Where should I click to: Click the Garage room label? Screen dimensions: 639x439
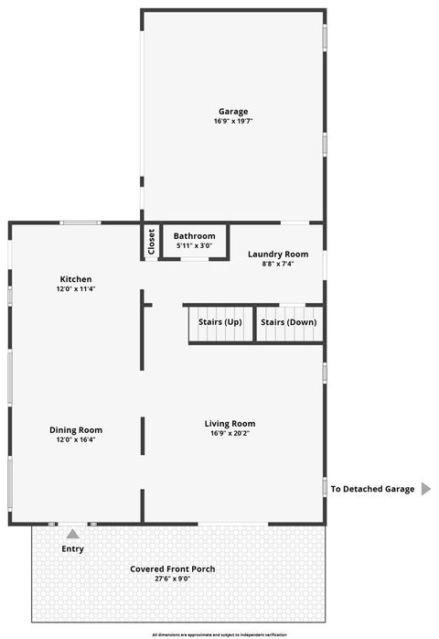pyautogui.click(x=233, y=112)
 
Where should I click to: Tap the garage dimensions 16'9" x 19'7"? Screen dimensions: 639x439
pyautogui.click(x=233, y=122)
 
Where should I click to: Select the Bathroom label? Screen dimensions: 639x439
pyautogui.click(x=195, y=236)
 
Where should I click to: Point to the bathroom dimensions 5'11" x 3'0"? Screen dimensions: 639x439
pyautogui.click(x=195, y=246)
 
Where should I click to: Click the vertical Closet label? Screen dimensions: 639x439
pyautogui.click(x=151, y=242)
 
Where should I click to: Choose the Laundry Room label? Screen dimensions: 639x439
pyautogui.click(x=279, y=254)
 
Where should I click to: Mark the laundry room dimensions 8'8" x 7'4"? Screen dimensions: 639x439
pyautogui.click(x=279, y=264)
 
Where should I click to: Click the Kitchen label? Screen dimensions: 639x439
pyautogui.click(x=76, y=278)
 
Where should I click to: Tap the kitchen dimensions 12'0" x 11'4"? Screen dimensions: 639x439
pyautogui.click(x=76, y=288)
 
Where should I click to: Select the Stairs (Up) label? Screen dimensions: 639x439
pyautogui.click(x=220, y=322)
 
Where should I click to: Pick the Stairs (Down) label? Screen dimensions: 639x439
pyautogui.click(x=288, y=322)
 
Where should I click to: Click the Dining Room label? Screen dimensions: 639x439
pyautogui.click(x=76, y=429)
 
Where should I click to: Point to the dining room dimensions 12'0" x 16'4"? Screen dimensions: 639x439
pyautogui.click(x=76, y=439)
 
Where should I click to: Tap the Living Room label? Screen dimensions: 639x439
pyautogui.click(x=230, y=423)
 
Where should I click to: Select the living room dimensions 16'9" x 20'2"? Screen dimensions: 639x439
pyautogui.click(x=230, y=433)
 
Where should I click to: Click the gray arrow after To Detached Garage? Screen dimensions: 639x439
pyautogui.click(x=425, y=489)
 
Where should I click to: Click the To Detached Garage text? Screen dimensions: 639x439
pyautogui.click(x=373, y=489)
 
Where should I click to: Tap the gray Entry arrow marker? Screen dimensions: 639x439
pyautogui.click(x=72, y=533)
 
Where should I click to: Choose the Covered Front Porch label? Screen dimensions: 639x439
pyautogui.click(x=173, y=569)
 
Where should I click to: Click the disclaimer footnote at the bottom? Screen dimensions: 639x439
pyautogui.click(x=219, y=634)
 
